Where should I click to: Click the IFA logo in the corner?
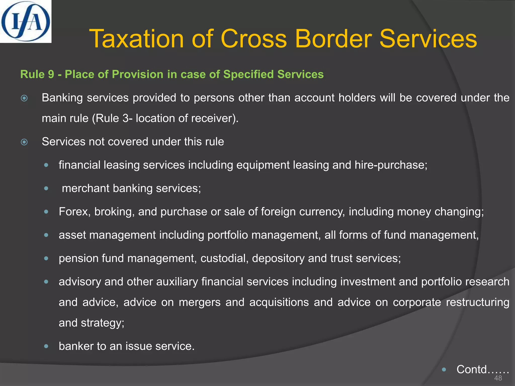click(x=25, y=21)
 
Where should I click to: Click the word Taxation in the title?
click(x=137, y=39)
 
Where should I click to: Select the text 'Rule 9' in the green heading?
click(x=37, y=74)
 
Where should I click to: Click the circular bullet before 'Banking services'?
click(x=24, y=98)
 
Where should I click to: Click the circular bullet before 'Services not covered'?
click(x=24, y=142)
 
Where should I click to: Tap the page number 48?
click(x=498, y=378)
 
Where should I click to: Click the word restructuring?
click(x=478, y=302)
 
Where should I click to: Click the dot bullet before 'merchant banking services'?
click(x=46, y=188)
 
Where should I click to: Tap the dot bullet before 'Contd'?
click(x=444, y=369)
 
